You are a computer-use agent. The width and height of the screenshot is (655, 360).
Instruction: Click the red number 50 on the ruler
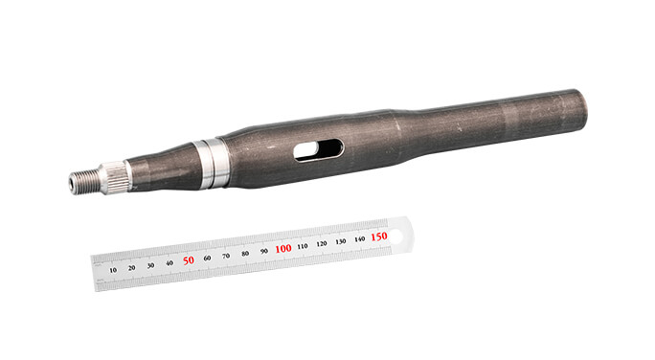pyautogui.click(x=189, y=260)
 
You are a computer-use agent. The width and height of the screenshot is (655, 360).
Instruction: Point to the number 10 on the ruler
pyautogui.click(x=113, y=271)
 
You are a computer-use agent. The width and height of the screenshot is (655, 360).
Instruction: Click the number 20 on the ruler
pyautogui.click(x=132, y=268)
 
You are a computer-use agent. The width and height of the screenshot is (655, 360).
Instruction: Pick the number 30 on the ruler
pyautogui.click(x=151, y=265)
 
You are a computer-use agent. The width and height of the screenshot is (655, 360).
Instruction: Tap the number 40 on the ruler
pyautogui.click(x=169, y=263)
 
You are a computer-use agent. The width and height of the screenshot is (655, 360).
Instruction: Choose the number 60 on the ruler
pyautogui.click(x=208, y=259)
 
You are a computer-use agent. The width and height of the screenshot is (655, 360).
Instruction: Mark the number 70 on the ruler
pyautogui.click(x=226, y=256)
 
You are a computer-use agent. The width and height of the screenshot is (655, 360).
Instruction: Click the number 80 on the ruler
pyautogui.click(x=245, y=254)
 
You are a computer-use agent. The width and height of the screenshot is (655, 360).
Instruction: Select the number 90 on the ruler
pyautogui.click(x=264, y=251)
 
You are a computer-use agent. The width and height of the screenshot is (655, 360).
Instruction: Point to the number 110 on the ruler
pyautogui.click(x=303, y=246)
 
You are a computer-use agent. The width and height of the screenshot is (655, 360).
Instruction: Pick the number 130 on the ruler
pyautogui.click(x=340, y=241)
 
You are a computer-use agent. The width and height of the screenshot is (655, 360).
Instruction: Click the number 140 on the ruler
pyautogui.click(x=359, y=238)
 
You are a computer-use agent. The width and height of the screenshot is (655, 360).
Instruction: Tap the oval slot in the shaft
pyautogui.click(x=318, y=149)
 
